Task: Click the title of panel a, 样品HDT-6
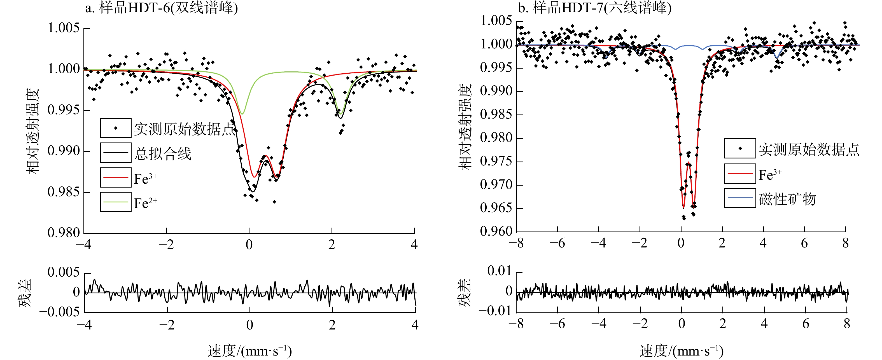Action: (161, 8)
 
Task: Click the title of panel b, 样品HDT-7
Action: (594, 8)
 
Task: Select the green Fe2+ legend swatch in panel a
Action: (115, 202)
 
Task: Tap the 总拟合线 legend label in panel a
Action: (162, 153)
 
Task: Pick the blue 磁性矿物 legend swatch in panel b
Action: (739, 198)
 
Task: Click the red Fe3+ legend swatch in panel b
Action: (739, 174)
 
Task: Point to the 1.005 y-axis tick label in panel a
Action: (64, 28)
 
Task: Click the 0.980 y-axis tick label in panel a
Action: (64, 233)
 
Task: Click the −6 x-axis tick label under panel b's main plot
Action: (557, 243)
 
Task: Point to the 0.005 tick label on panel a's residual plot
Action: (64, 272)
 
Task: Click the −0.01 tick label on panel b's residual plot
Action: (494, 311)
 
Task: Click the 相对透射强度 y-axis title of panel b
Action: (465, 127)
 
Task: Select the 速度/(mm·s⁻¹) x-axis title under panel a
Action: (249, 351)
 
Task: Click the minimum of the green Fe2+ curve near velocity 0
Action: (242, 114)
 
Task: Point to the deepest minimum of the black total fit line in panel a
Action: (252, 191)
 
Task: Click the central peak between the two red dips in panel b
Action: (688, 163)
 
